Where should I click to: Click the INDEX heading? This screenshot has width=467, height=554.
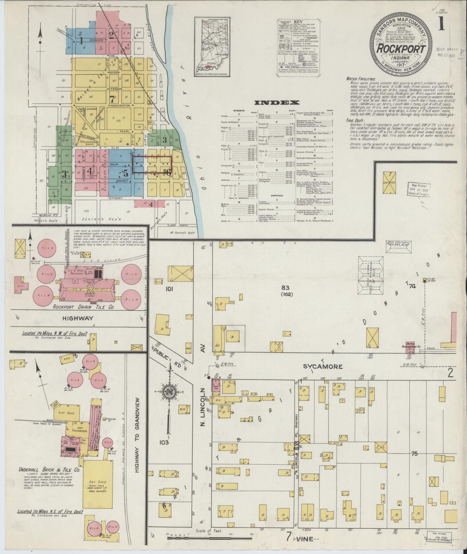tap(277, 103)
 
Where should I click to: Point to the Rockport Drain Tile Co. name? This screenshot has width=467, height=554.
tap(84, 307)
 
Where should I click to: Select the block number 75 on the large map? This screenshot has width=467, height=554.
tap(415, 453)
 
